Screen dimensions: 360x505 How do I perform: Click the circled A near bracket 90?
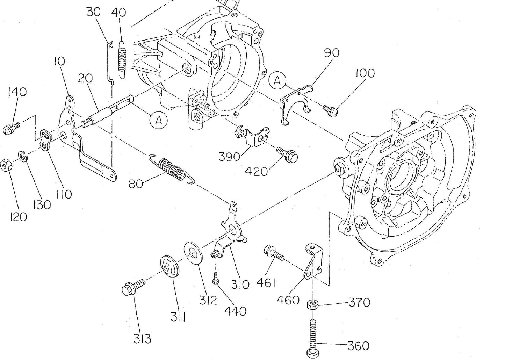tap(277, 81)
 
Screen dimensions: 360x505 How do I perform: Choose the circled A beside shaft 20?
tap(158, 121)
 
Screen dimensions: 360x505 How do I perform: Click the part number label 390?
tap(230, 156)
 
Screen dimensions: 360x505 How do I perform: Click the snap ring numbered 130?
tap(22, 156)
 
